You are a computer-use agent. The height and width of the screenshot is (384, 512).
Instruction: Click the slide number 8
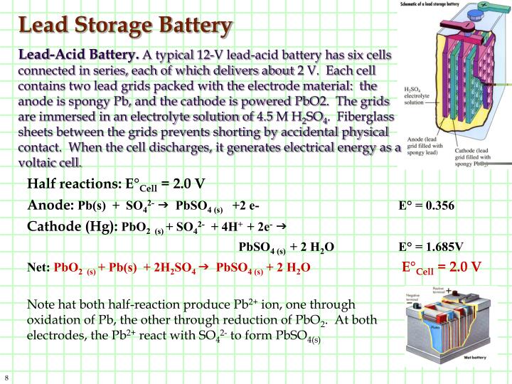click(6, 376)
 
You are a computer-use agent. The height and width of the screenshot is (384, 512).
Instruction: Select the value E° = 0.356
click(426, 206)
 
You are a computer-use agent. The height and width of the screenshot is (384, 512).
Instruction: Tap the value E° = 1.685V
click(431, 247)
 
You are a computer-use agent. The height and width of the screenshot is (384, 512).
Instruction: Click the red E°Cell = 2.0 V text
click(442, 267)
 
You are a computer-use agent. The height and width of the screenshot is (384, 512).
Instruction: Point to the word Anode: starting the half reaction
click(50, 206)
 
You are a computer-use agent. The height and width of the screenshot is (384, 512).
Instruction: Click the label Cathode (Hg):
click(73, 227)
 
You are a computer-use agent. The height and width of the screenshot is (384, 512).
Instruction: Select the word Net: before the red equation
click(39, 268)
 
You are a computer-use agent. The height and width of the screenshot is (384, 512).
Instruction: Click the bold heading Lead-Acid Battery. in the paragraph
click(79, 55)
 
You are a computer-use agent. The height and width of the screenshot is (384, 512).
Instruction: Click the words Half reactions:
click(73, 185)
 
